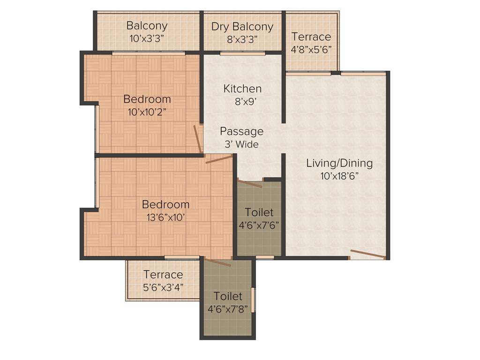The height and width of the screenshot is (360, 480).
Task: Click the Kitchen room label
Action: [x=242, y=88]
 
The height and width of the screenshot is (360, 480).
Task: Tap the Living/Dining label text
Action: [x=339, y=163]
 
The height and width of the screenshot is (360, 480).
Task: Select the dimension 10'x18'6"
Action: [x=339, y=176]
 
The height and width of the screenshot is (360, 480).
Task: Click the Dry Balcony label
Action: [x=242, y=26]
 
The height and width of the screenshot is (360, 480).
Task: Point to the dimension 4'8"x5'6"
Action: [x=311, y=50]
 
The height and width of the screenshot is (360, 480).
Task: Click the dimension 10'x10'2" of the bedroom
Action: [x=147, y=112]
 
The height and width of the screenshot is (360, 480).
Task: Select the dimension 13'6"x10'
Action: [x=165, y=217]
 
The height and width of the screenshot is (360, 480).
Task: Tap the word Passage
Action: [x=241, y=131]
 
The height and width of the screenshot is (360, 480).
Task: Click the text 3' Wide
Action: [x=241, y=144]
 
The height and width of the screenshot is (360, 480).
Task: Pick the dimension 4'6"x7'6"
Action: [x=259, y=225]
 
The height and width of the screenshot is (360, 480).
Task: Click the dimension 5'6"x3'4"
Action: [x=163, y=287]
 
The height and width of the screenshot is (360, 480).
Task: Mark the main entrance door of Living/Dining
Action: [x=367, y=255]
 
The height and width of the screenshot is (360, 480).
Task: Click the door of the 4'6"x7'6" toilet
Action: [x=249, y=183]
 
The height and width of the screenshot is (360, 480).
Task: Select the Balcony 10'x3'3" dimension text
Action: [x=147, y=39]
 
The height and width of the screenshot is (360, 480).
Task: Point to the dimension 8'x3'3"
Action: [x=242, y=39]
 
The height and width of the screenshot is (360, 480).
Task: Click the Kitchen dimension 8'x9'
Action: [x=242, y=101]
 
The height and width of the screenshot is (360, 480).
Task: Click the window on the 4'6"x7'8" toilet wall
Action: [x=253, y=300]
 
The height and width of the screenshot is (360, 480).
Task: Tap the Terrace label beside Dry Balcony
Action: [x=311, y=37]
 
